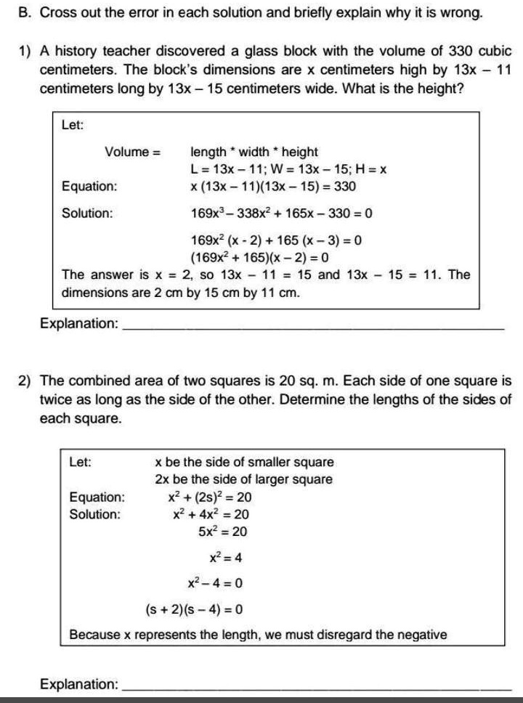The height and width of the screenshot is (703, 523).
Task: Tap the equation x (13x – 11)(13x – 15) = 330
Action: [273, 187]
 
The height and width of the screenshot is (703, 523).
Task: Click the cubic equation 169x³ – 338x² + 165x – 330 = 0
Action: [281, 214]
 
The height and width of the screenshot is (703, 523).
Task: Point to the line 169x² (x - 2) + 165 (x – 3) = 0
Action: [276, 240]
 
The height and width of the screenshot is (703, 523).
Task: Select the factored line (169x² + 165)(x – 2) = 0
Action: [259, 257]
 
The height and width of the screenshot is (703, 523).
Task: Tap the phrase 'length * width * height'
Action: [254, 152]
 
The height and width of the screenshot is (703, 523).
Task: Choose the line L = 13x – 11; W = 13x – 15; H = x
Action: [287, 169]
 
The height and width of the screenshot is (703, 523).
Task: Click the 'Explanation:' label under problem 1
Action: [79, 323]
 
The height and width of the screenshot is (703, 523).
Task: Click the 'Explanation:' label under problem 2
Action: [79, 683]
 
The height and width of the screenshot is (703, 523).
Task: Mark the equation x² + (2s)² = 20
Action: [210, 497]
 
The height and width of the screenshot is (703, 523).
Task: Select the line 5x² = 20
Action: [223, 532]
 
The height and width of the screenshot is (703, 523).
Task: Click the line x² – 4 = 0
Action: [215, 582]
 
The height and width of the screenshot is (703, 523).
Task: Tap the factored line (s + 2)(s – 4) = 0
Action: [194, 609]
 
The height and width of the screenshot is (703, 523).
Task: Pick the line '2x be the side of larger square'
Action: [243, 479]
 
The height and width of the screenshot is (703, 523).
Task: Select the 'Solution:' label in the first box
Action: [87, 214]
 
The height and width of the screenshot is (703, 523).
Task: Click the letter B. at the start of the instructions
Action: [22, 13]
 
